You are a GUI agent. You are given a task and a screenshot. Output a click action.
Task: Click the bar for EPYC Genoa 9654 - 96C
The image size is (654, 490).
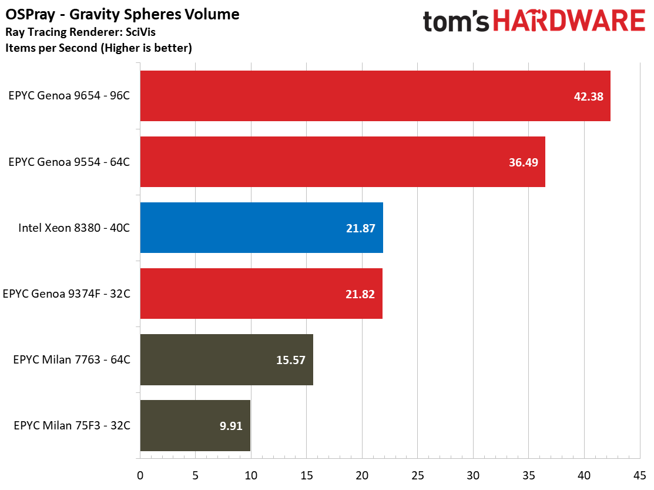click(x=375, y=96)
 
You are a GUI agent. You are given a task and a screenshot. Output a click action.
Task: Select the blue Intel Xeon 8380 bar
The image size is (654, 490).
click(x=261, y=228)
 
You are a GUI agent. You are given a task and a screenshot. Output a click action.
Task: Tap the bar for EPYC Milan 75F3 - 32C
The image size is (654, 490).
click(x=195, y=426)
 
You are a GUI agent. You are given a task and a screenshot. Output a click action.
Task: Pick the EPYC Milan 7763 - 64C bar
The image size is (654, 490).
click(x=226, y=360)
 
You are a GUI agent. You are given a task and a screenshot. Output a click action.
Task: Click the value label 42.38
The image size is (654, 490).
click(x=589, y=96)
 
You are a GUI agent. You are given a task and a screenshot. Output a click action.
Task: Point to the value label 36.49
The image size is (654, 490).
click(x=524, y=162)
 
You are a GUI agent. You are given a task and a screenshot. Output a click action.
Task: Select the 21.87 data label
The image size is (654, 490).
click(x=361, y=228)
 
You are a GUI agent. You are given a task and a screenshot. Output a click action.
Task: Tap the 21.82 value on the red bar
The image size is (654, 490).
click(x=360, y=294)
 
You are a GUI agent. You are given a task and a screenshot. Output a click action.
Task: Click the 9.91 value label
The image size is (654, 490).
click(x=231, y=426)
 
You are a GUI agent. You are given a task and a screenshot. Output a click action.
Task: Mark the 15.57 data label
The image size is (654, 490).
click(x=291, y=360)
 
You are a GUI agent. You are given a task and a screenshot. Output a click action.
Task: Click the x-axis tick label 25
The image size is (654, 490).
click(x=418, y=475)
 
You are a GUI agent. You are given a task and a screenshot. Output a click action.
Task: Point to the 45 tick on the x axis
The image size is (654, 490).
click(x=639, y=475)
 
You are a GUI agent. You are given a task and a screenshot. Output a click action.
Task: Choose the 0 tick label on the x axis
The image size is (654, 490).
click(x=140, y=475)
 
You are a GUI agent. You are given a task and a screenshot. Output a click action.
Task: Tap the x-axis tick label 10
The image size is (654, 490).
click(x=251, y=475)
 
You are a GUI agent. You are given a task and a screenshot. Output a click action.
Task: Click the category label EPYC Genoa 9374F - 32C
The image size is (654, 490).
click(x=67, y=294)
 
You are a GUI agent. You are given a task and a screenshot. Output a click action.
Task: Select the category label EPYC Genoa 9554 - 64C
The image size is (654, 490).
click(x=69, y=162)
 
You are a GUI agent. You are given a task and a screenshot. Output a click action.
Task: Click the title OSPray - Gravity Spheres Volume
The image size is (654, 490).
click(x=122, y=15)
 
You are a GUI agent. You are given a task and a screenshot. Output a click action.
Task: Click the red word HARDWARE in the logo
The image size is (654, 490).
click(x=569, y=21)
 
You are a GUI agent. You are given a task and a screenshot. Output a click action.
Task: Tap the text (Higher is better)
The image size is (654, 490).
click(x=146, y=48)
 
